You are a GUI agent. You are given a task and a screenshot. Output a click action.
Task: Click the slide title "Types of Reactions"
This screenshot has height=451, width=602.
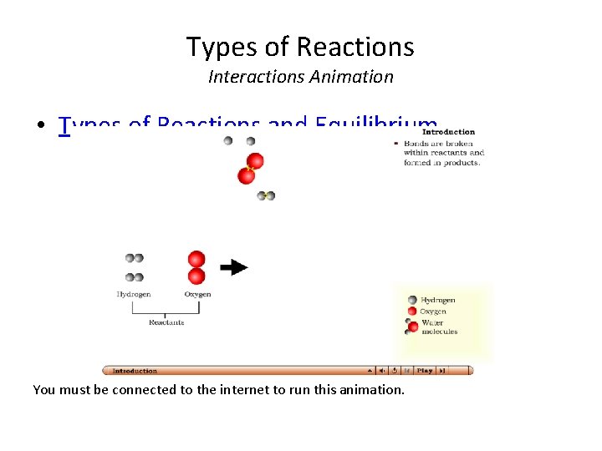[x=300, y=47]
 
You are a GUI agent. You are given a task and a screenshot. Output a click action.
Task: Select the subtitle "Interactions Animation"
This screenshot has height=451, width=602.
[x=300, y=77]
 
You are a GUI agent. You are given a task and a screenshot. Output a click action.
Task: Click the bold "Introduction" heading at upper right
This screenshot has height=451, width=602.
[x=448, y=131]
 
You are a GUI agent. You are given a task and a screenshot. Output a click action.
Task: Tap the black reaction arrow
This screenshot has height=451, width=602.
[x=234, y=267]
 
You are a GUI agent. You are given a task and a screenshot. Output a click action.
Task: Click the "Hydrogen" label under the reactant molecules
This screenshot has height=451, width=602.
[x=134, y=294]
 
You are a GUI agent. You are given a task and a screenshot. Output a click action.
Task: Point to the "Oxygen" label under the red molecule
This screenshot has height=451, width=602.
[x=197, y=294]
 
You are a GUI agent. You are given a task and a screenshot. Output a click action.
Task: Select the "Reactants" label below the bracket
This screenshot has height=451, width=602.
[x=166, y=322]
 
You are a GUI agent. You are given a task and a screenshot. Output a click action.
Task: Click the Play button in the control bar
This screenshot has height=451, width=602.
[x=425, y=371]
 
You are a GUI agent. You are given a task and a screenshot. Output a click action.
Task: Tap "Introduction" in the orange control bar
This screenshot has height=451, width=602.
[x=135, y=371]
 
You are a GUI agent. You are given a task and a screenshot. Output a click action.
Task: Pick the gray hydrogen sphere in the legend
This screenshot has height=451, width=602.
[x=412, y=301]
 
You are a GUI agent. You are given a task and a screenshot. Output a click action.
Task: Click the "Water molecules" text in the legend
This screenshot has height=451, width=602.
[x=439, y=327]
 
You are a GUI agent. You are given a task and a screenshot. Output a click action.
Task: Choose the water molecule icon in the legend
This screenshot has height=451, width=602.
[x=411, y=326]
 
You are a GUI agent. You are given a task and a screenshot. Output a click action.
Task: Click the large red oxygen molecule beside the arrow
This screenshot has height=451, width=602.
[x=196, y=267]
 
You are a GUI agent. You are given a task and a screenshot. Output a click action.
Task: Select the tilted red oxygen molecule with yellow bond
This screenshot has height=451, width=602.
[x=251, y=168]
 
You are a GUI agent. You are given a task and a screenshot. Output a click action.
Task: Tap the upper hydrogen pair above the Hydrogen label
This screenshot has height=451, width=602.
[x=134, y=259]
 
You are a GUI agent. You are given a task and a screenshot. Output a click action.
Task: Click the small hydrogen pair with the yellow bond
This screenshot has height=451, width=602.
[x=266, y=195]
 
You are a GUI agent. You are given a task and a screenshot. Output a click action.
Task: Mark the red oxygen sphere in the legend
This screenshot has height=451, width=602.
[x=412, y=312]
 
